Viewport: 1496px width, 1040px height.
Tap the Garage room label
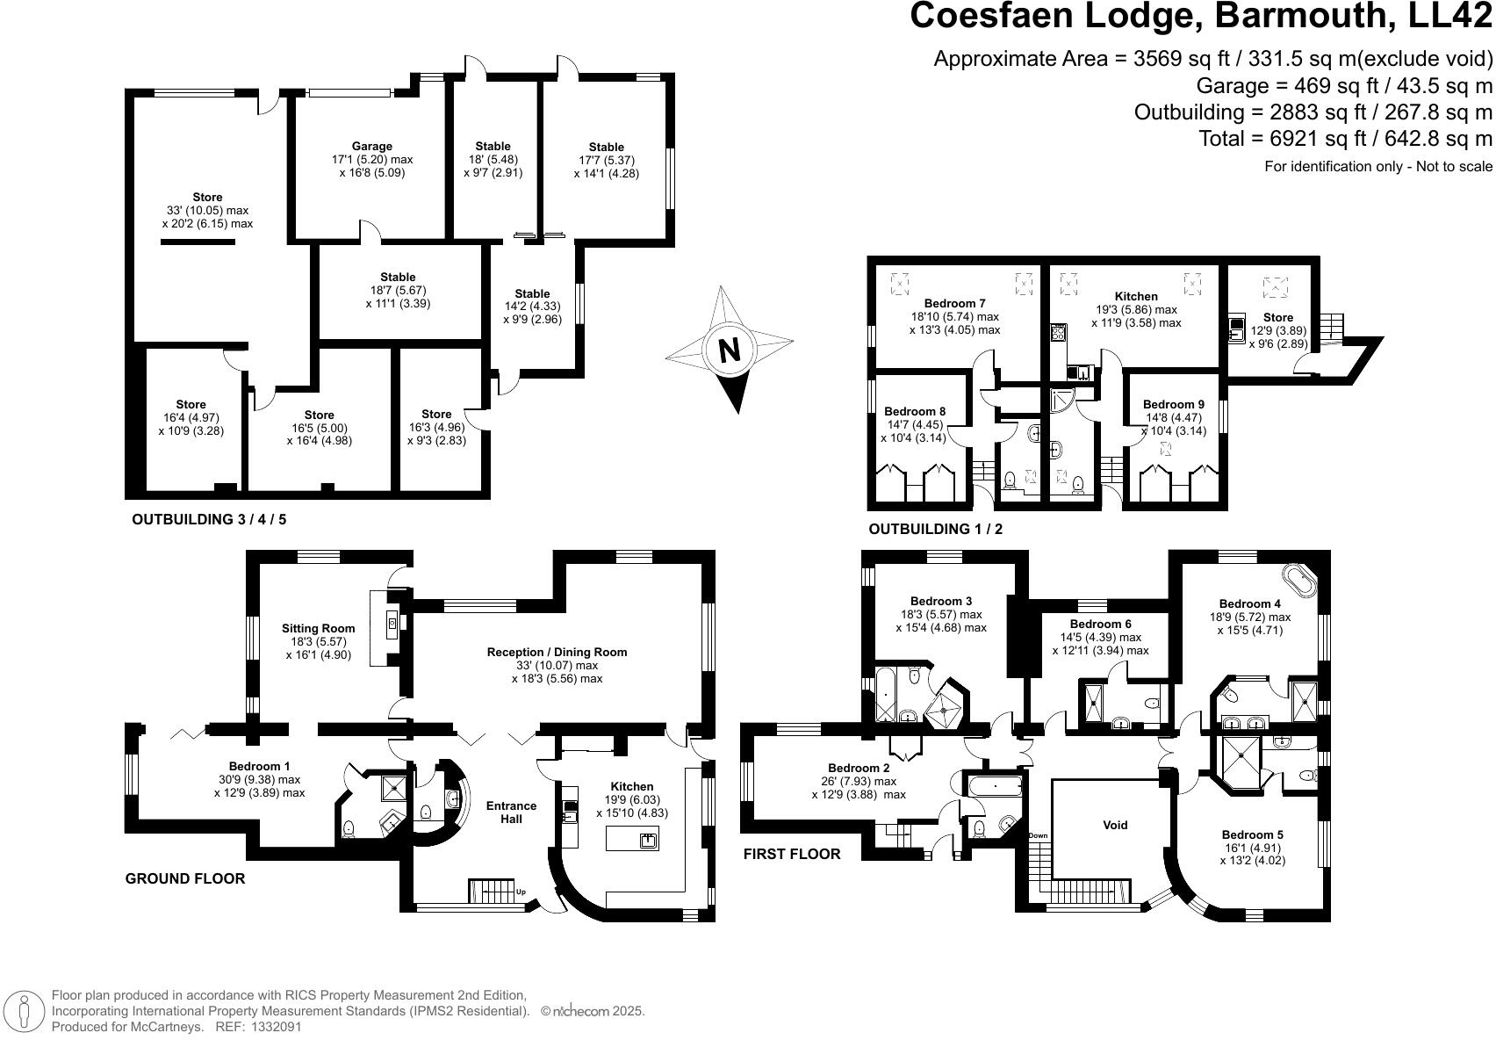(x=372, y=146)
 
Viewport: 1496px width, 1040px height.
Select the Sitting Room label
(x=318, y=628)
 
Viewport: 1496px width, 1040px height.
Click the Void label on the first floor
(x=1115, y=825)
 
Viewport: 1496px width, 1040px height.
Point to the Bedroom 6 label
(x=1100, y=624)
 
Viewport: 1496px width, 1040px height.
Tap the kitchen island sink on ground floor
(x=649, y=841)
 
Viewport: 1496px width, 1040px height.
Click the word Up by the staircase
(x=521, y=892)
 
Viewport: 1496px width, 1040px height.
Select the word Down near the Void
(x=1039, y=835)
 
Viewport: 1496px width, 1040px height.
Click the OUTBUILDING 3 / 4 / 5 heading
(x=209, y=519)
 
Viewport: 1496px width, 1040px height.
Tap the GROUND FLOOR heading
(x=185, y=878)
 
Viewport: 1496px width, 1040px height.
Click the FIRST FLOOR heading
(x=792, y=854)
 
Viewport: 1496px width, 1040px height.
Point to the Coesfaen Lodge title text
(x=1199, y=17)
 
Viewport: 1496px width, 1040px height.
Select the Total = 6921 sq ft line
(x=1345, y=138)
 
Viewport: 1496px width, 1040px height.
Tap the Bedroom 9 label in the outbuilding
(x=1174, y=404)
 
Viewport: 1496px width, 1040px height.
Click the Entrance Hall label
(x=512, y=812)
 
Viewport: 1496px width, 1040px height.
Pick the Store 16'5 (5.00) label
(x=319, y=415)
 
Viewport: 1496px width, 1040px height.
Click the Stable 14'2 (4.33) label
(x=532, y=293)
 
